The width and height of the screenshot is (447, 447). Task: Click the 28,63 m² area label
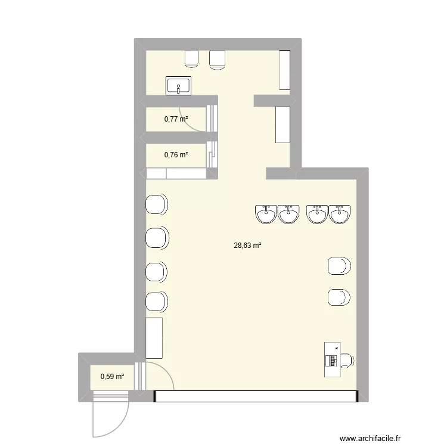tap(248, 244)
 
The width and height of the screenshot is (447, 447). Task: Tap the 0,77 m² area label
tap(176, 119)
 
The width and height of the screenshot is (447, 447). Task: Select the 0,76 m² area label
tap(176, 155)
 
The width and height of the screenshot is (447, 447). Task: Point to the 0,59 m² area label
tap(113, 376)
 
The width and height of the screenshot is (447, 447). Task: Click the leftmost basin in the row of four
tap(265, 213)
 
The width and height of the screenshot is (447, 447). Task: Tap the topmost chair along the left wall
tap(157, 205)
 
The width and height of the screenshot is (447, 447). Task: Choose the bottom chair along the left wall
tap(157, 302)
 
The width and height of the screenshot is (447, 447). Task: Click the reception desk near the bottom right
tap(330, 359)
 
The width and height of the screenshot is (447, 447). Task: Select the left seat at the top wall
tap(191, 58)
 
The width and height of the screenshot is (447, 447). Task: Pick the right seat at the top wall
tap(217, 59)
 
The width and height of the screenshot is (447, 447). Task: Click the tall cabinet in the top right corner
tap(285, 70)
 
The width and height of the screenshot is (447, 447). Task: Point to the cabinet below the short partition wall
tap(283, 124)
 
